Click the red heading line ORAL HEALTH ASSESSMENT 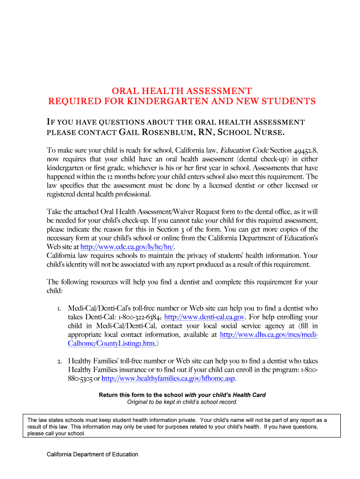182,91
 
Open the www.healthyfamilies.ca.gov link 168,378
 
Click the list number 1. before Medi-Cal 59,308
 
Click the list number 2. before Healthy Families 60,361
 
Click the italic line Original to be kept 182,402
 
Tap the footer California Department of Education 92,454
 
